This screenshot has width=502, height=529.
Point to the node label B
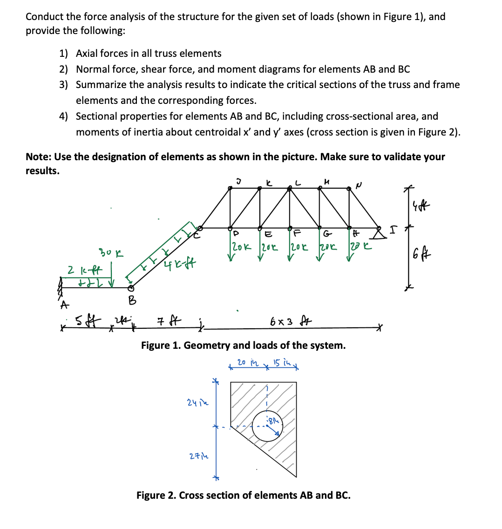[x=132, y=301]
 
